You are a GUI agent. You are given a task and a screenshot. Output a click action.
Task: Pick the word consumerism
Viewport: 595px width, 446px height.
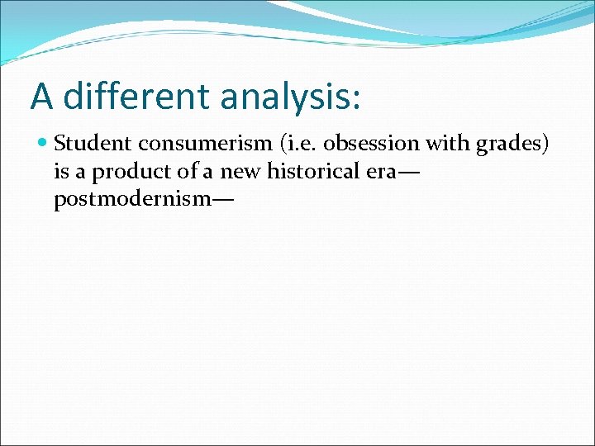pos(204,144)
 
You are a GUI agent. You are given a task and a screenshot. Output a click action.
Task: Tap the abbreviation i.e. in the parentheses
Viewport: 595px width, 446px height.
pos(297,144)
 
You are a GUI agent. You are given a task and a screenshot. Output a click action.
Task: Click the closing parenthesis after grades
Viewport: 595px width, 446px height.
pos(545,145)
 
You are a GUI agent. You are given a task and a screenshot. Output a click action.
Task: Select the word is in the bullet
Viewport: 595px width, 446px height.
pos(60,173)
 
